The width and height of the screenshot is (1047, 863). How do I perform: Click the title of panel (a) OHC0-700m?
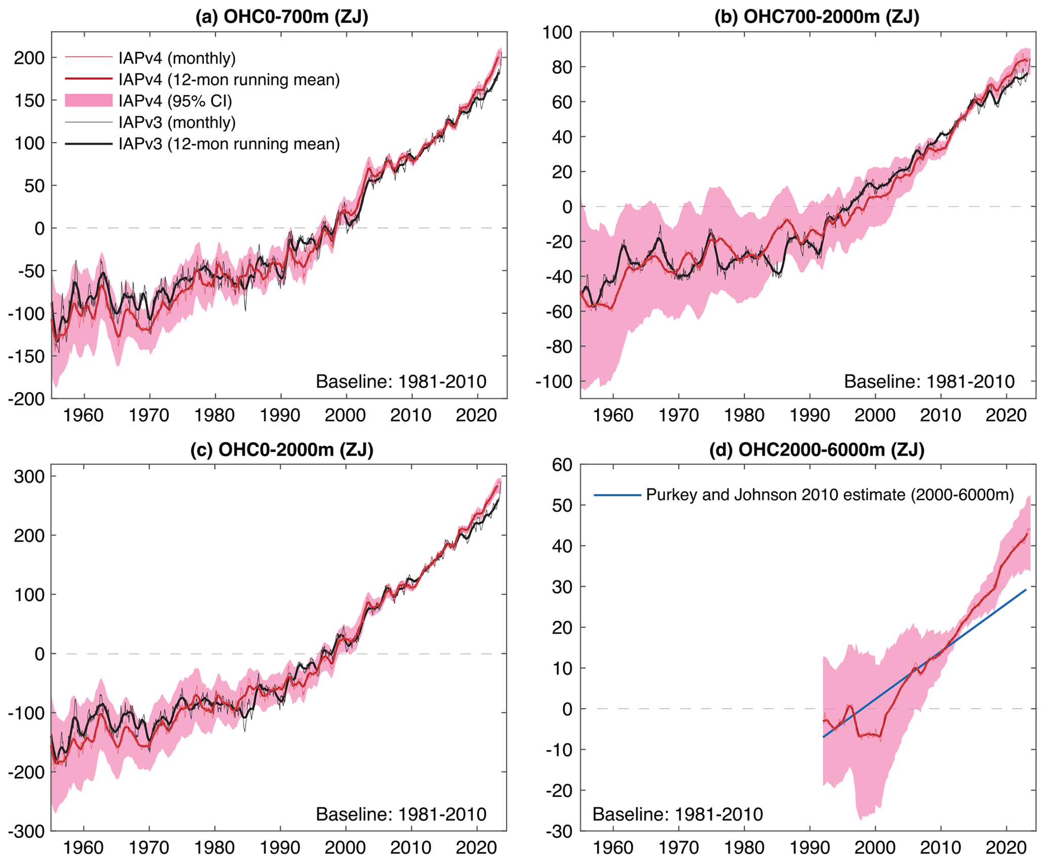(x=282, y=17)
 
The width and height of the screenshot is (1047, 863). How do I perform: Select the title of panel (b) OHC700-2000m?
(x=817, y=17)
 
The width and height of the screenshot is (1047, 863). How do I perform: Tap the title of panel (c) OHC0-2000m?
(x=282, y=449)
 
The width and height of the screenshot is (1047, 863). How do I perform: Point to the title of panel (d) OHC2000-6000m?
(x=817, y=449)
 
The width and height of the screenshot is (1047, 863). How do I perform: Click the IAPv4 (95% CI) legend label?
(x=175, y=101)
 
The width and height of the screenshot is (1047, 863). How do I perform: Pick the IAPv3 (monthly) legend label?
(x=177, y=122)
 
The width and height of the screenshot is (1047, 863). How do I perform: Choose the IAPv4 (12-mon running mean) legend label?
(x=229, y=79)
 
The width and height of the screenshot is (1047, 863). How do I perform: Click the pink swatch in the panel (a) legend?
(x=88, y=101)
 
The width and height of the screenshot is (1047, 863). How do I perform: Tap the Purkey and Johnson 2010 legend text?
(x=830, y=495)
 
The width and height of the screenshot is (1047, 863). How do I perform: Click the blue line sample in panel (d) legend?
(x=617, y=495)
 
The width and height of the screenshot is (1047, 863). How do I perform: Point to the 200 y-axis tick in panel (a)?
(x=29, y=58)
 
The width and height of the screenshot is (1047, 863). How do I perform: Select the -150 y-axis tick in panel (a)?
(x=26, y=356)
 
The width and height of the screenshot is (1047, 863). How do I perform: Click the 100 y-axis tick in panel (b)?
(x=557, y=32)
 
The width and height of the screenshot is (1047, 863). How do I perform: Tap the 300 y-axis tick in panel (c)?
(x=29, y=476)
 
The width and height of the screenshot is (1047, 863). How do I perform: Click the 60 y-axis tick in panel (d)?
(x=561, y=465)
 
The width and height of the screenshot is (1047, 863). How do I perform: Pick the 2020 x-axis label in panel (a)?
(x=476, y=416)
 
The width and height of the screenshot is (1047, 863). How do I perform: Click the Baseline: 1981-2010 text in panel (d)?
(x=677, y=814)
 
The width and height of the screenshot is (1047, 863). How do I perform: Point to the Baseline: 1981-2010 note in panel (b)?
(x=929, y=382)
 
